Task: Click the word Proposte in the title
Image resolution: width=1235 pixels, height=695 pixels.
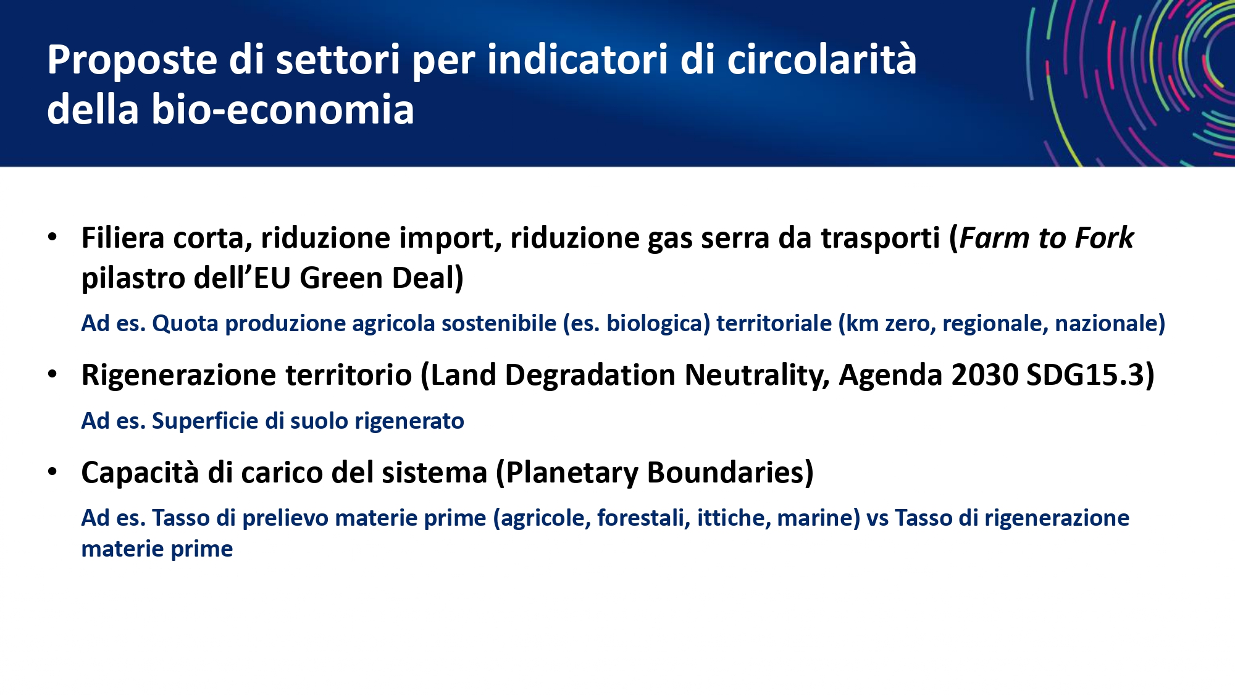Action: (x=132, y=61)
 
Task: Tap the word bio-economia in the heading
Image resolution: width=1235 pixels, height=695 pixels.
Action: (x=283, y=109)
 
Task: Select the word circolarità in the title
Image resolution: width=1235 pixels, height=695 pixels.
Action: (x=822, y=59)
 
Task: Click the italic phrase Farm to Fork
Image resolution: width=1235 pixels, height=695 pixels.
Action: (x=1047, y=238)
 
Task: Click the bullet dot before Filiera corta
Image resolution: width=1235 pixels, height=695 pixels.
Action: (x=52, y=237)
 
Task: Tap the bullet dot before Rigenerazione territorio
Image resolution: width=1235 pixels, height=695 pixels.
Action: (x=52, y=374)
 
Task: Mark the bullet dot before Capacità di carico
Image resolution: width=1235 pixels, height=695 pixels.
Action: (x=52, y=472)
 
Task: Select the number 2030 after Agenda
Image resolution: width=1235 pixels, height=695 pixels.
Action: (x=985, y=375)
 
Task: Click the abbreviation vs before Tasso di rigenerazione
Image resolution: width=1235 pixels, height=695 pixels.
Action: (x=877, y=518)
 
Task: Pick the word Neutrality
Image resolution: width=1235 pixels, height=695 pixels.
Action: (x=757, y=375)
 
